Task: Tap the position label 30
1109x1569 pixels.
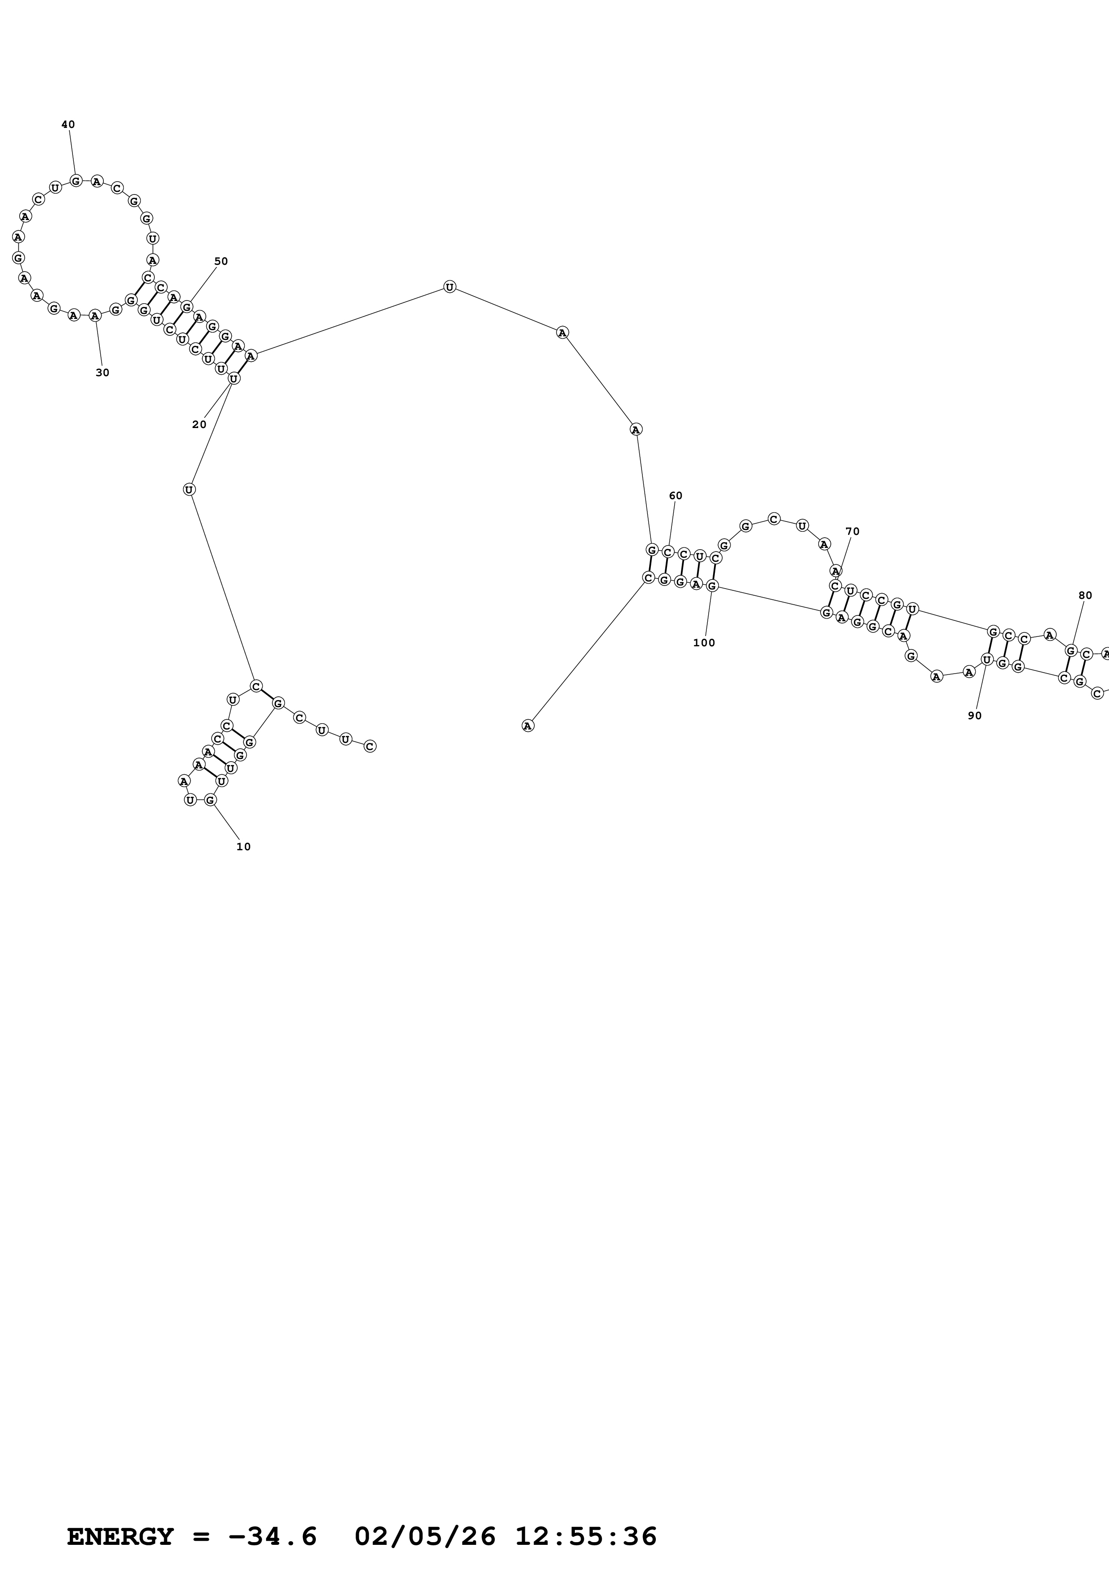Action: click(x=102, y=373)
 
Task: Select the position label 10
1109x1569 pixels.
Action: click(x=243, y=847)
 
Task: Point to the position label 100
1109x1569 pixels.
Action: click(x=704, y=643)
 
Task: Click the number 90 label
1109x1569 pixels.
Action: click(x=974, y=716)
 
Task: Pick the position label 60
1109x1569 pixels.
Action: click(x=675, y=496)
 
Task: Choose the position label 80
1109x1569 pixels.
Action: click(x=1085, y=595)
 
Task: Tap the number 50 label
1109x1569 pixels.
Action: click(x=221, y=261)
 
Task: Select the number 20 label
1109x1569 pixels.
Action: click(x=199, y=424)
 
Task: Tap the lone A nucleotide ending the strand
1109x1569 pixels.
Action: click(x=527, y=726)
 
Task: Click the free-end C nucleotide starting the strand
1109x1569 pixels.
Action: click(x=370, y=746)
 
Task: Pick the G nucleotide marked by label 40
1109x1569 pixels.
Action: click(x=76, y=180)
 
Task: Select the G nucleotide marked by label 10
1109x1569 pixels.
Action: click(x=210, y=800)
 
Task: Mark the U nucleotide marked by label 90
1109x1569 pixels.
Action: click(x=987, y=659)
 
